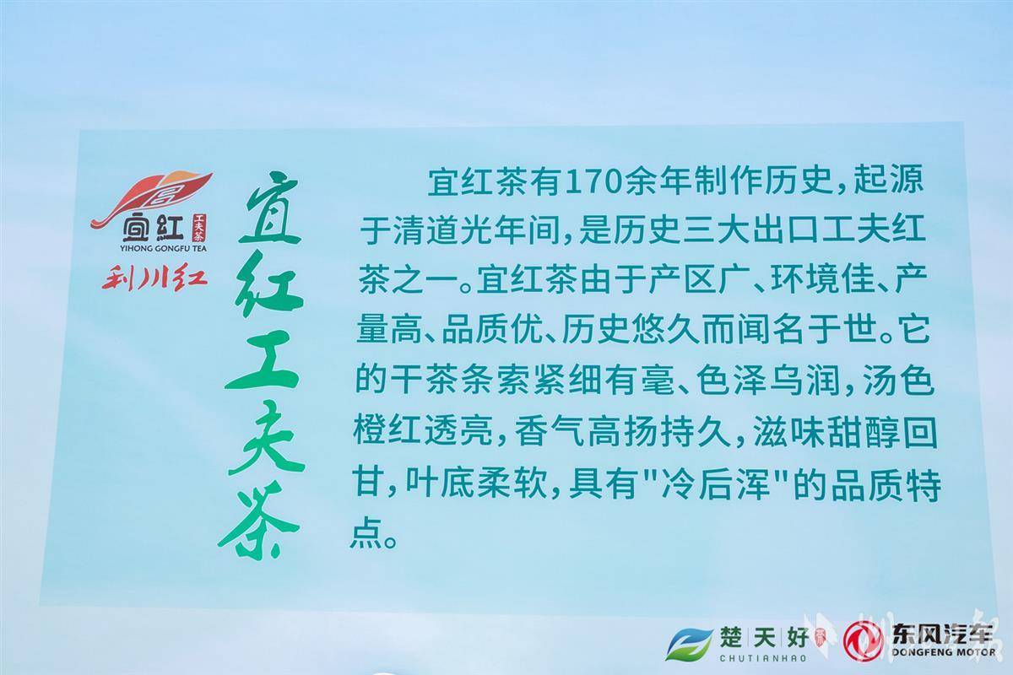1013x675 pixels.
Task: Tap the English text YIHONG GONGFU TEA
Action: pyautogui.click(x=164, y=248)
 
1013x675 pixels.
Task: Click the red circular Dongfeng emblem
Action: pyautogui.click(x=864, y=640)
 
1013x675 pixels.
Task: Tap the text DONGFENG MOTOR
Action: pyautogui.click(x=944, y=651)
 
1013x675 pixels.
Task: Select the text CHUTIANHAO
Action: pyautogui.click(x=763, y=658)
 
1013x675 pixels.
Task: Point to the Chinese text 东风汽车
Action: pyautogui.click(x=943, y=633)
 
